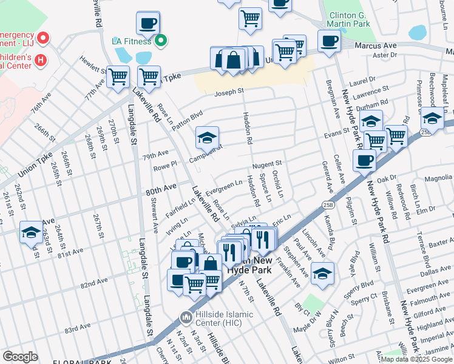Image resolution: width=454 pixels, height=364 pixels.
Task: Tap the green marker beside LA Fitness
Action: (x=160, y=41)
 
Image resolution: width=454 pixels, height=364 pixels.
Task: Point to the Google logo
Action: (x=20, y=356)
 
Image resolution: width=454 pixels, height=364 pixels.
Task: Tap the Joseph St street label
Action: (x=229, y=92)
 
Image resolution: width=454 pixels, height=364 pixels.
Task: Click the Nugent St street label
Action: (x=268, y=164)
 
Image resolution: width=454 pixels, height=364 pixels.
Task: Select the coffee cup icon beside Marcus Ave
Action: (x=329, y=42)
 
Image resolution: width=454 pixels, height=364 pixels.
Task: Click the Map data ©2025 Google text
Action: (x=416, y=359)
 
